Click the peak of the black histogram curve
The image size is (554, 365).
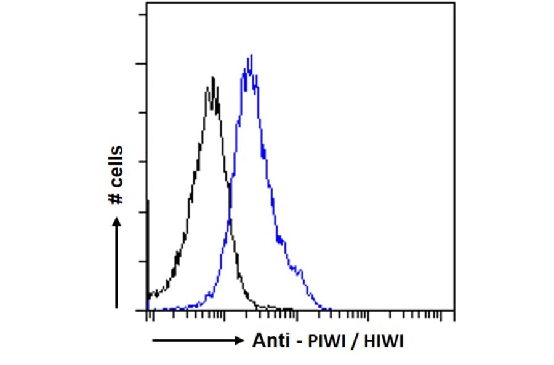coord(213,78)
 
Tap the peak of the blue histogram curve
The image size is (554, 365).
coord(251,56)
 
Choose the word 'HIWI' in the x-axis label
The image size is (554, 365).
coord(383,342)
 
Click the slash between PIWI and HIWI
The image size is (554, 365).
coord(355,342)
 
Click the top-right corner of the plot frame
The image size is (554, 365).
coord(454,2)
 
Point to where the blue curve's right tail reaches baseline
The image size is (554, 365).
coord(331,309)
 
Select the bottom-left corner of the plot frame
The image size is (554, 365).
coord(147,310)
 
